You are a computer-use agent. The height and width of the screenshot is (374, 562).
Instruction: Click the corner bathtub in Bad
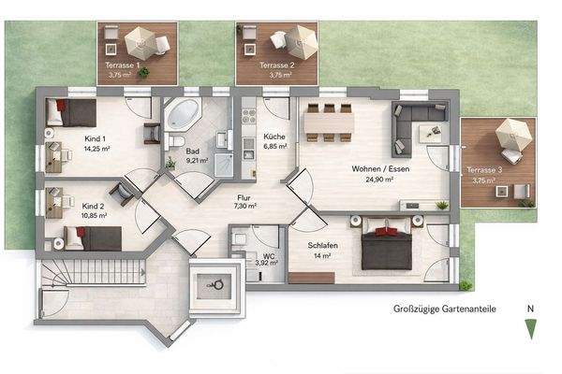tap(183, 118)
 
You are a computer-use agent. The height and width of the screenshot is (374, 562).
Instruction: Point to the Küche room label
tap(274, 136)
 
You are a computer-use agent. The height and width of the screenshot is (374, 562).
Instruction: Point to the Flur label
tap(244, 196)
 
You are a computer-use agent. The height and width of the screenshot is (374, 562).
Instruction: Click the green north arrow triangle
tap(531, 328)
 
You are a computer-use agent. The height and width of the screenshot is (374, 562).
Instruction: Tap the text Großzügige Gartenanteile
tap(444, 308)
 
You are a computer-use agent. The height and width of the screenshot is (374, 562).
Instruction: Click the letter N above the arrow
tap(531, 308)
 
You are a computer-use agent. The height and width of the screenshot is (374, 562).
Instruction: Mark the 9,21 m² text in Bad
tap(197, 161)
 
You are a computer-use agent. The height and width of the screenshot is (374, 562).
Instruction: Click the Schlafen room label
tap(322, 245)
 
